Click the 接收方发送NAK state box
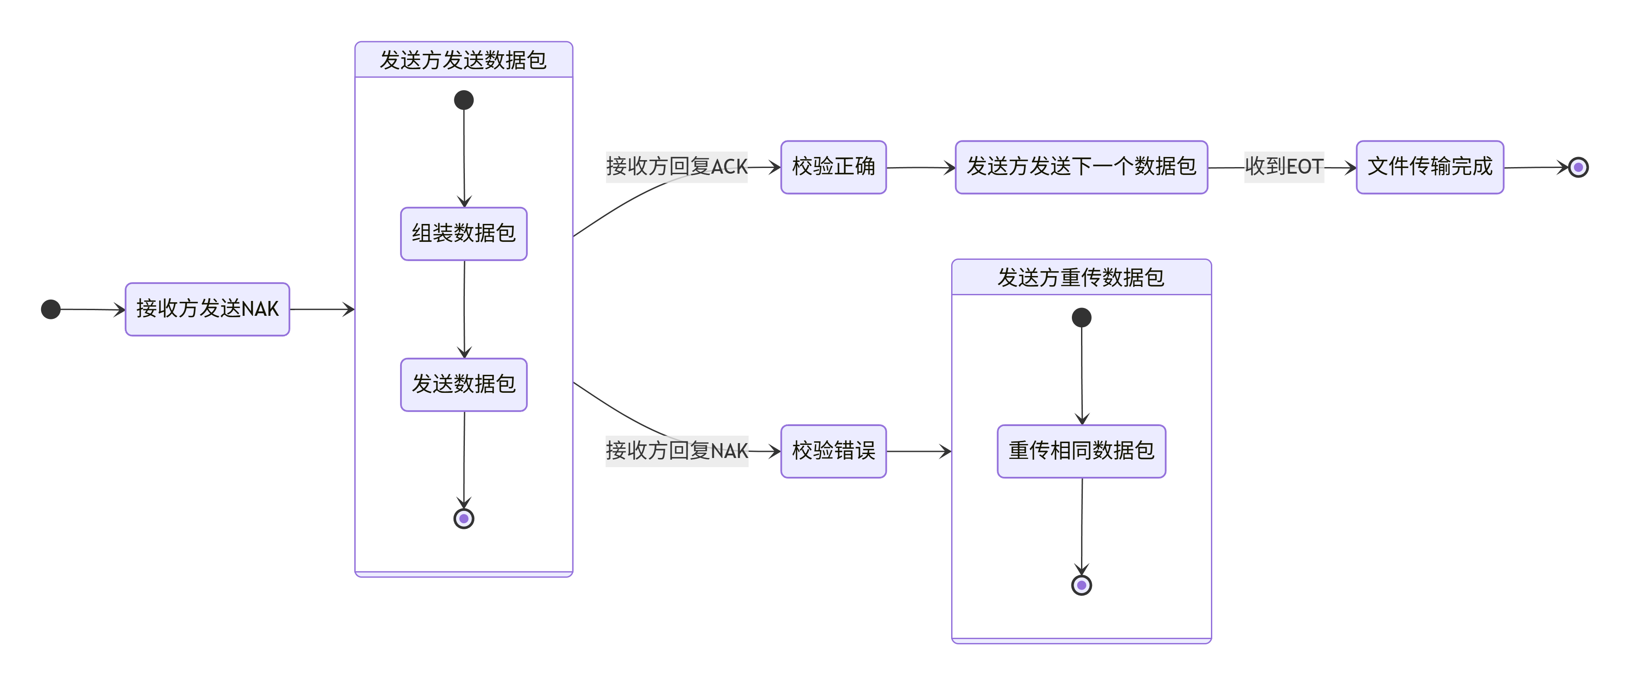click(x=207, y=309)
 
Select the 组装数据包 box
click(x=464, y=234)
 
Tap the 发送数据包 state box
click(x=464, y=384)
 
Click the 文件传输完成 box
click(x=1429, y=167)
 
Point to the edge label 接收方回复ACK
click(x=676, y=167)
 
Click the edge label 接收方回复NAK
click(x=676, y=451)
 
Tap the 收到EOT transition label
click(x=1283, y=167)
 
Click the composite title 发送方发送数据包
click(x=464, y=60)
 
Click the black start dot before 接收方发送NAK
click(x=51, y=309)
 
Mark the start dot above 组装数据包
click(x=464, y=100)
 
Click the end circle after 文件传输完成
click(x=1578, y=168)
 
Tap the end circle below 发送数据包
click(x=464, y=519)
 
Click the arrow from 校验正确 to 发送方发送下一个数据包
click(x=920, y=168)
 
